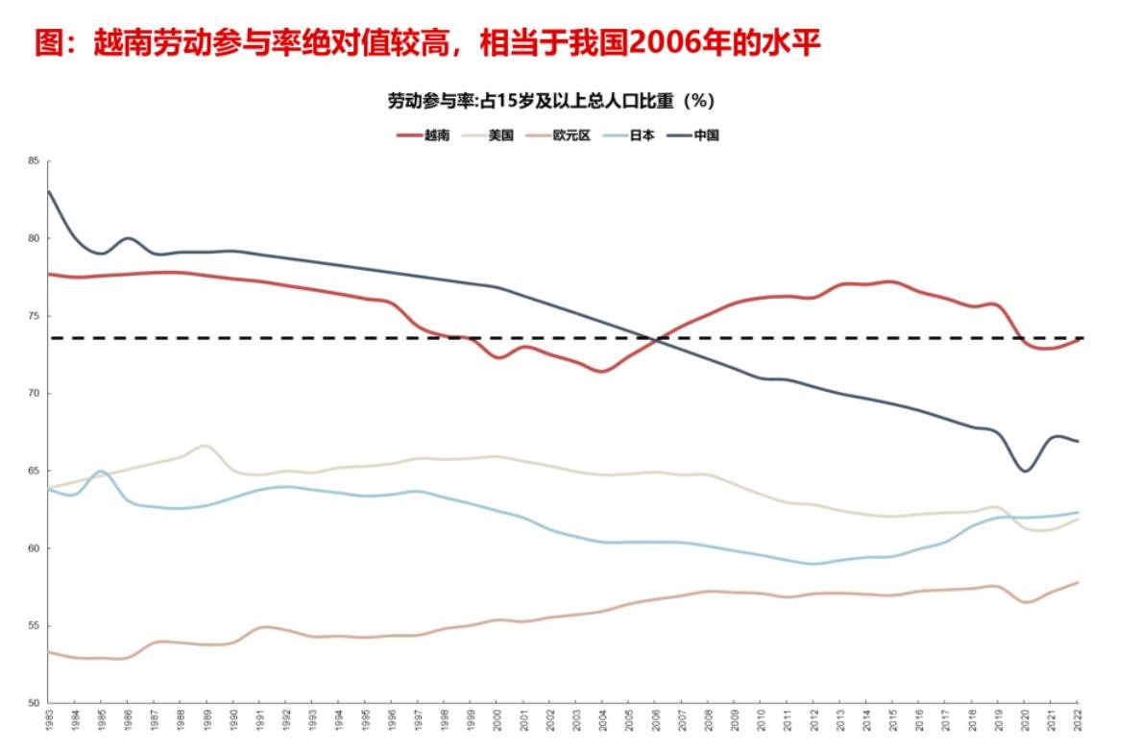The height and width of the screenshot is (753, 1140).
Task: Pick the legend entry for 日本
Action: click(631, 135)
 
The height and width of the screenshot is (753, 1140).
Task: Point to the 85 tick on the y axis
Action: click(34, 160)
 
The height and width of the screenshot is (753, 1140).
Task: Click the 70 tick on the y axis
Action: click(34, 394)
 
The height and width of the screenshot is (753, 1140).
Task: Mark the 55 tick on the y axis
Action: click(34, 626)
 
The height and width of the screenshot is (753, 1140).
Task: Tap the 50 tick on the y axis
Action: click(34, 703)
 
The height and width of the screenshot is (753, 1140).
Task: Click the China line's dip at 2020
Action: click(1026, 471)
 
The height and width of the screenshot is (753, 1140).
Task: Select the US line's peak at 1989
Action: click(205, 446)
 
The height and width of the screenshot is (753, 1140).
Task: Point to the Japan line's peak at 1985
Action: click(101, 472)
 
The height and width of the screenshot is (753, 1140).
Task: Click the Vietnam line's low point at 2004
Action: click(602, 371)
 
